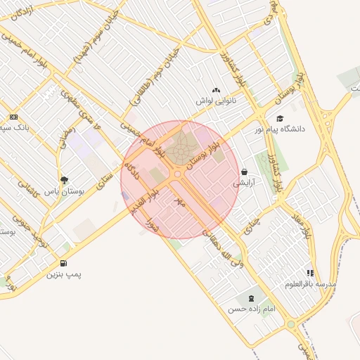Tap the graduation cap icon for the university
coord(280,119)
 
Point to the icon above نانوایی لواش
coord(215,90)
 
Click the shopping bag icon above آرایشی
coord(244,172)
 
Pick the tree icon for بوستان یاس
coord(65,180)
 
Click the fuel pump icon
coord(64,263)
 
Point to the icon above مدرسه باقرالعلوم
coord(310,273)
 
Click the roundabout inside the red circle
coord(179,174)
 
